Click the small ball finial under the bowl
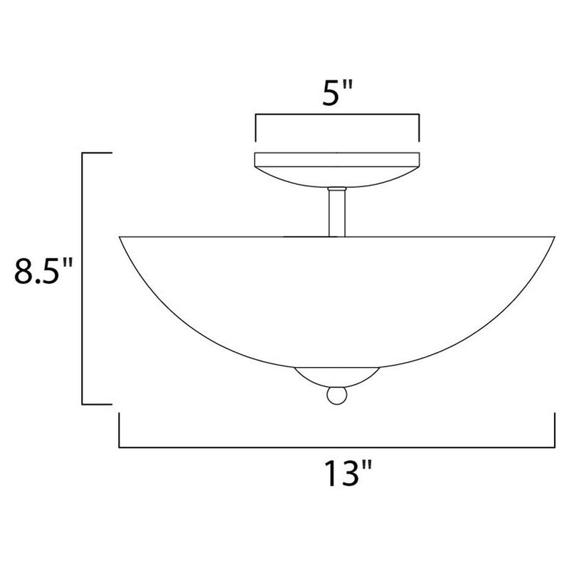tap(336, 395)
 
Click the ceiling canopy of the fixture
tap(336, 168)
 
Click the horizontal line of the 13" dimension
tap(336, 447)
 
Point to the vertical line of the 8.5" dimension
tap(85, 277)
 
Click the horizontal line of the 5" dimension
tap(336, 114)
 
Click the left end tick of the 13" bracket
tap(119, 431)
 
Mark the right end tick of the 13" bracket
tap(555, 431)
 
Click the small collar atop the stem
tap(336, 188)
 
